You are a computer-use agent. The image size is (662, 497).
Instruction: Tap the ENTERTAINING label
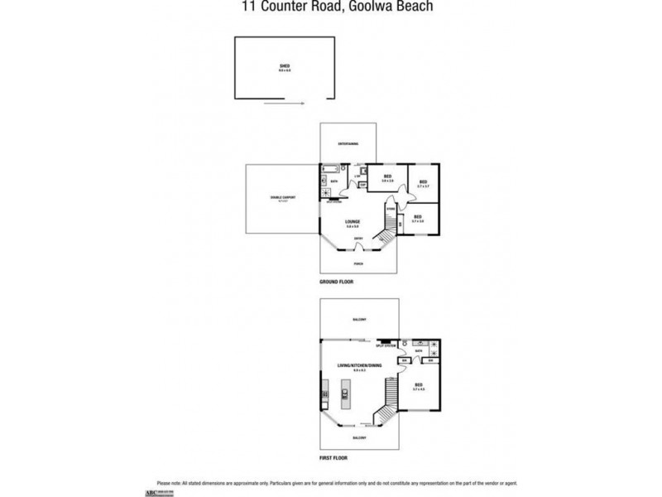(x=348, y=145)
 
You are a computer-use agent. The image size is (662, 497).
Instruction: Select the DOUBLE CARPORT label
(x=283, y=197)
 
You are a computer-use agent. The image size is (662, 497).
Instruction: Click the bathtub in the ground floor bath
(x=324, y=181)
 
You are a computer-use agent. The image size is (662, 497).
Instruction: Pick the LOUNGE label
(x=352, y=223)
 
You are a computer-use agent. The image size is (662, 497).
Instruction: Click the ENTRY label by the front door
(x=357, y=239)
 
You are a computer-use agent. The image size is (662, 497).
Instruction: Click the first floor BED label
(x=419, y=385)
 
